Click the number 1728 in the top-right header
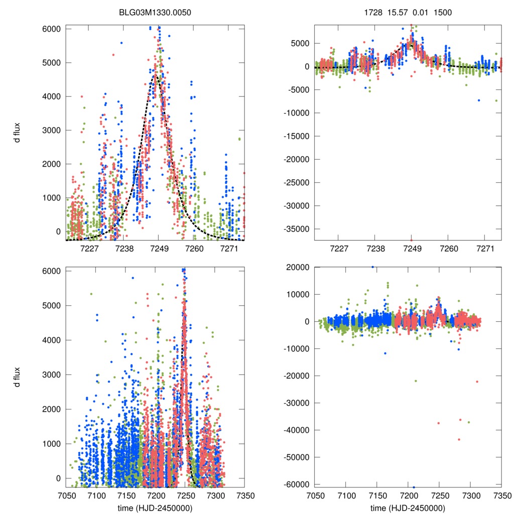click(373, 12)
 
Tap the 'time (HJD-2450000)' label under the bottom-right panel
click(408, 507)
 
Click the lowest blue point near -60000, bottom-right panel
click(414, 487)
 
